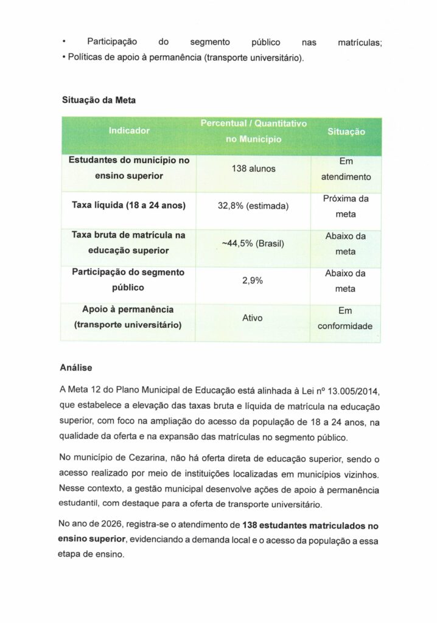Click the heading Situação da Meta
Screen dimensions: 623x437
[97, 100]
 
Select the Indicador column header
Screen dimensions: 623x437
[129, 130]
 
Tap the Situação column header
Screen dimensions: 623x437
[346, 131]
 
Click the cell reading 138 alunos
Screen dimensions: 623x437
[253, 168]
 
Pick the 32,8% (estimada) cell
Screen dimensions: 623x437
[253, 206]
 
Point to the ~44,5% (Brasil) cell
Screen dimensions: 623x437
[253, 243]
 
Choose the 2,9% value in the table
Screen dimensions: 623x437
[253, 280]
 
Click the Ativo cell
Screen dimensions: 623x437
[253, 318]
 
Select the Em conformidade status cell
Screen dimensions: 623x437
[346, 318]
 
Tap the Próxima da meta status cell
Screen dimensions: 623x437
[346, 206]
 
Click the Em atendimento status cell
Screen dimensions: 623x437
[346, 169]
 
